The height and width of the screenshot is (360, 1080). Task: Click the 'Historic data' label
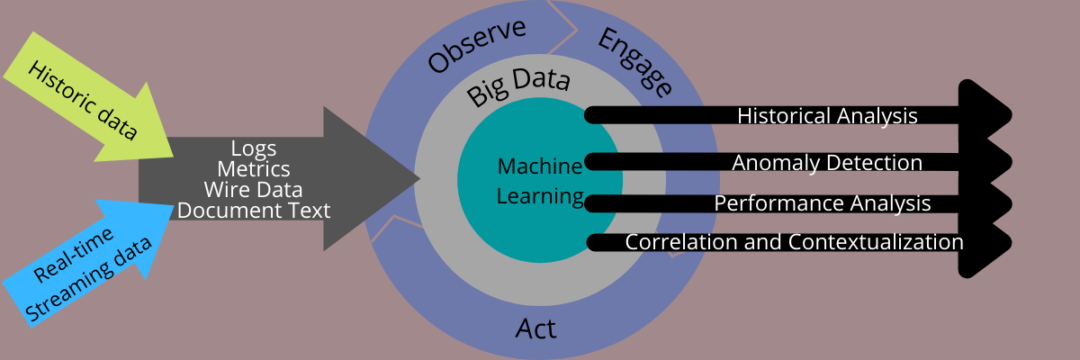[83, 101]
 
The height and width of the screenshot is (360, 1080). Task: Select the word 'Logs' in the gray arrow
[254, 148]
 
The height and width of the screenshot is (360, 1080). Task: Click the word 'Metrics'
[254, 168]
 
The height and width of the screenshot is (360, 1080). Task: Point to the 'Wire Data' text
[253, 189]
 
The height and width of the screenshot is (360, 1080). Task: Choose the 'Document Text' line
[254, 211]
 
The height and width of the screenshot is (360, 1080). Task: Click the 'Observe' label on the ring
[476, 45]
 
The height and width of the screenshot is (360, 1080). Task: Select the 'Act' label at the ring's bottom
[536, 328]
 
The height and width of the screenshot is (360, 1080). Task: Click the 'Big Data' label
[518, 87]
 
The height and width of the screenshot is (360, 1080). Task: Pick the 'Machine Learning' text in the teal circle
[540, 181]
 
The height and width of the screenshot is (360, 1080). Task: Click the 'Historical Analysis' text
[827, 116]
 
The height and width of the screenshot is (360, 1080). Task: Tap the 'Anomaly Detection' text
[827, 163]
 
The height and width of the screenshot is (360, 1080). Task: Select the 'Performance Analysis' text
[823, 203]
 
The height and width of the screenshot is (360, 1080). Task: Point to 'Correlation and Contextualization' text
[794, 242]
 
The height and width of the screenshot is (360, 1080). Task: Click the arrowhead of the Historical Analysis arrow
[990, 115]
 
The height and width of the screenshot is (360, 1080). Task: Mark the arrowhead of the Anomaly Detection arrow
[990, 163]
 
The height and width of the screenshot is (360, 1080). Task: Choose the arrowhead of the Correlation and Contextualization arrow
[990, 242]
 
